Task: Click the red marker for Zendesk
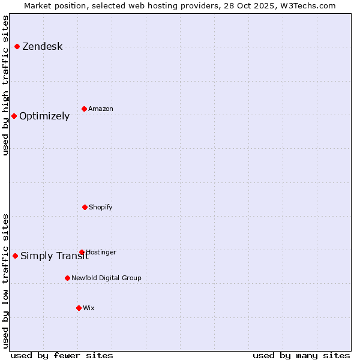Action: pos(17,47)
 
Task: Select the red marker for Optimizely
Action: pos(14,116)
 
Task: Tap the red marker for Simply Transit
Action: pos(15,256)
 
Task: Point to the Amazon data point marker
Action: pos(84,109)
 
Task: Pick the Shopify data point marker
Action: pos(85,207)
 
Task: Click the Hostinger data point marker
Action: pos(82,253)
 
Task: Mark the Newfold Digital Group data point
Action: pos(67,278)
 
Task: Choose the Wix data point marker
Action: pos(79,308)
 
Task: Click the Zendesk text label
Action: pos(42,47)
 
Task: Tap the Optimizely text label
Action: pos(44,116)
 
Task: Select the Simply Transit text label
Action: pos(54,256)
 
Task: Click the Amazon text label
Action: pos(101,109)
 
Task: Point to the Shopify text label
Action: pos(101,208)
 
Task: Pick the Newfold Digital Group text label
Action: pos(106,278)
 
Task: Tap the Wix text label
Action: pos(89,308)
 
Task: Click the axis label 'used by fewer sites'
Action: pos(62,355)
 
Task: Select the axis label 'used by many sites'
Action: pos(301,355)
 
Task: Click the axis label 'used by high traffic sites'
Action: pos(5,85)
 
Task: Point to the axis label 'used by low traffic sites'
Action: pos(5,281)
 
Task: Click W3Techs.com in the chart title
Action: pos(305,5)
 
